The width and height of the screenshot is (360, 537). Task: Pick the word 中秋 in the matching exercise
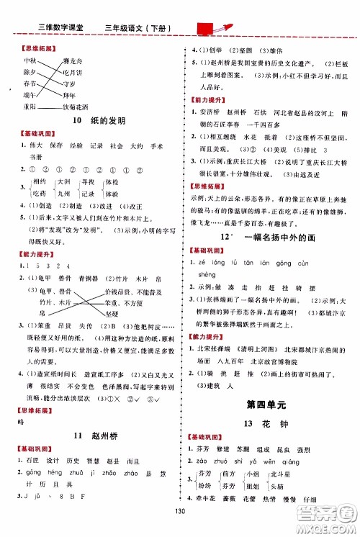tap(30, 60)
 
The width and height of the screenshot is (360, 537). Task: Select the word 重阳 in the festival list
tap(30, 104)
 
